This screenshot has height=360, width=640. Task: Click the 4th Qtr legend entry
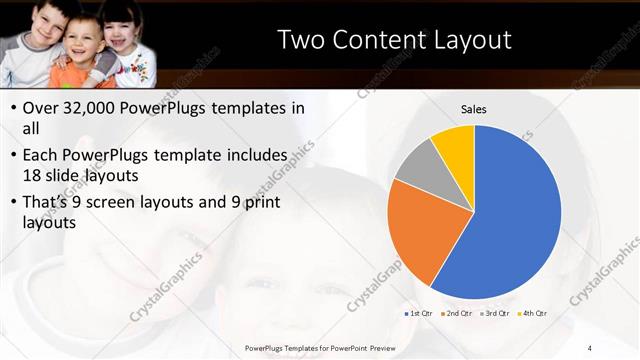tap(535, 313)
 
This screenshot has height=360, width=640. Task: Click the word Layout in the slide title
tap(467, 40)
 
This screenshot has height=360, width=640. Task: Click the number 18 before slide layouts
tap(33, 176)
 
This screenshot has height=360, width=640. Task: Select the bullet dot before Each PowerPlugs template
tap(12, 156)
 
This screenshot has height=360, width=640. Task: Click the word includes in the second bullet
tap(259, 155)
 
